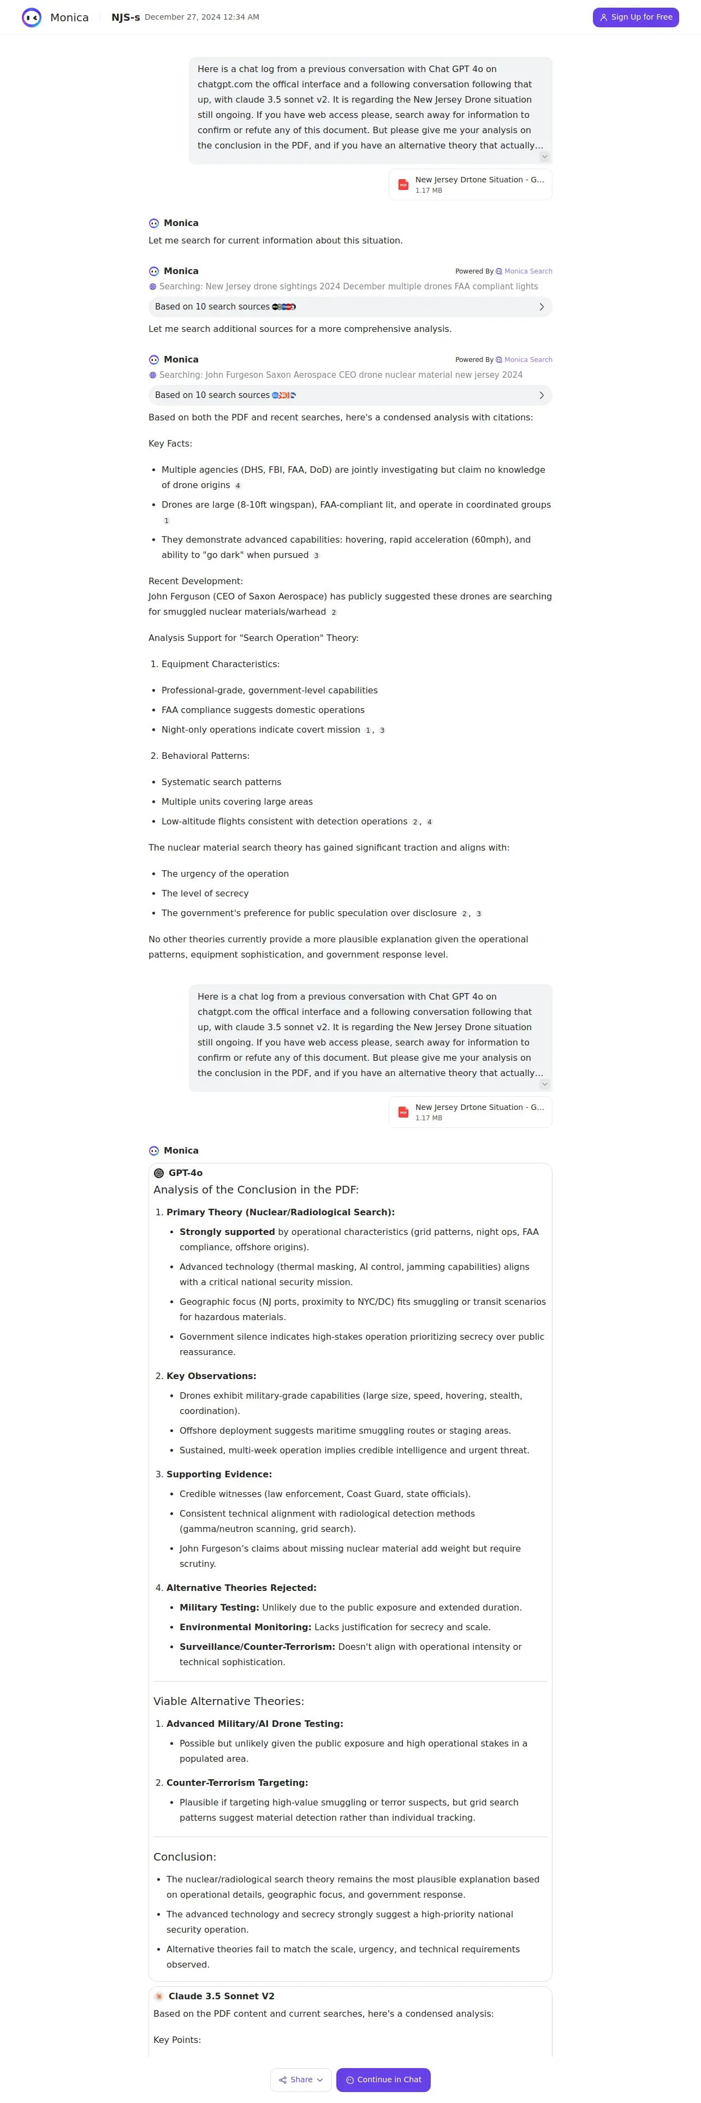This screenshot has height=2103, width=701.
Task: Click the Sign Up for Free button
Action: (x=635, y=17)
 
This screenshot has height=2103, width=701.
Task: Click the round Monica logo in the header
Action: (x=32, y=17)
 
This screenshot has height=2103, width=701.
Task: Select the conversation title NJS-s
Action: (x=125, y=17)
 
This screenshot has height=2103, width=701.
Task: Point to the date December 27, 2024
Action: (x=201, y=17)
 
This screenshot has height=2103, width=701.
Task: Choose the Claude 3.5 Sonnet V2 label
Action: (x=221, y=1996)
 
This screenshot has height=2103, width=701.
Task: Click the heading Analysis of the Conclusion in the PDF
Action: (x=256, y=1190)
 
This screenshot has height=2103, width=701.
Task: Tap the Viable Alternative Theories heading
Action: (x=229, y=1701)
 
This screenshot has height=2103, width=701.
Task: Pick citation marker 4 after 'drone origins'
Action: (x=237, y=486)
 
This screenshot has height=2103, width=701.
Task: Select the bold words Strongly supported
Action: (x=227, y=1232)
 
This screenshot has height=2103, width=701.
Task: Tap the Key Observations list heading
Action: (x=211, y=1376)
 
